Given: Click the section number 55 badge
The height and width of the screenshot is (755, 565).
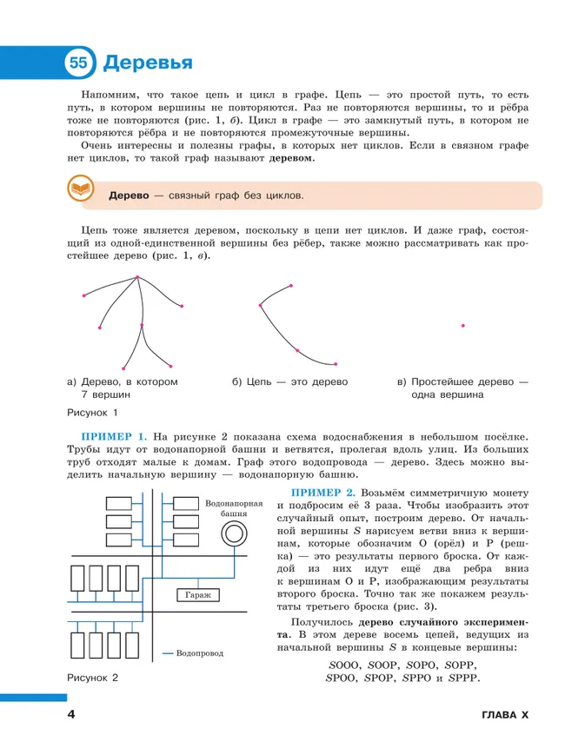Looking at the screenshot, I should tap(78, 63).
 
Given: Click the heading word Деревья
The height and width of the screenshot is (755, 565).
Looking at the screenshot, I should tap(148, 63).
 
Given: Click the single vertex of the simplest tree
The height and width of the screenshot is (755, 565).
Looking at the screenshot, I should tap(462, 326).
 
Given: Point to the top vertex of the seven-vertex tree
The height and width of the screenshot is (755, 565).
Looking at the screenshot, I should tap(137, 278).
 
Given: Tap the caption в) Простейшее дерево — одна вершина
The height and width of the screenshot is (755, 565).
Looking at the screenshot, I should tap(462, 387).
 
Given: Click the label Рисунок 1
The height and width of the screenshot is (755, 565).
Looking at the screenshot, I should tap(91, 412).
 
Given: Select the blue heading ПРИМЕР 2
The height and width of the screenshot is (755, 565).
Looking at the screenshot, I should tap(325, 493).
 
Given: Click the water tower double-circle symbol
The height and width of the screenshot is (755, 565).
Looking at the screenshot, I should tap(232, 535).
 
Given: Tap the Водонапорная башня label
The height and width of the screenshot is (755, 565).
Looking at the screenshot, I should tap(233, 508).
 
